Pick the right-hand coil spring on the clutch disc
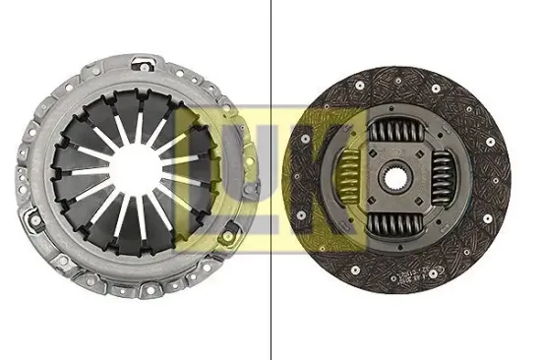(451, 181)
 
